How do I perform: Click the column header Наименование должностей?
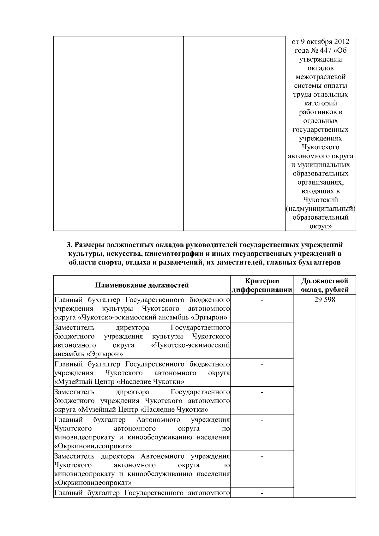click(x=142, y=285)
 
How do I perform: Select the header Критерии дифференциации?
click(x=262, y=285)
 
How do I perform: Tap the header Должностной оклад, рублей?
click(x=325, y=285)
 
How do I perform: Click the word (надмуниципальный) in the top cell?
click(x=321, y=209)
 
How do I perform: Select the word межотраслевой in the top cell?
click(x=321, y=77)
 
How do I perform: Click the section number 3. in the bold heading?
click(x=69, y=245)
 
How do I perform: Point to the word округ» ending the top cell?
click(x=321, y=226)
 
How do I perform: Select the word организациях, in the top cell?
click(x=321, y=182)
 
